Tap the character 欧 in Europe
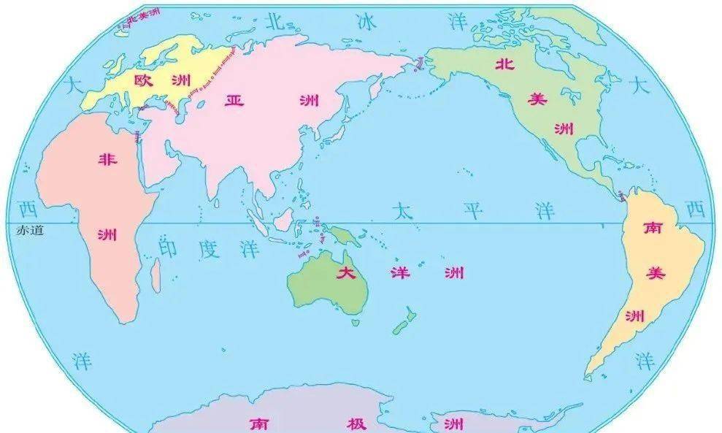(x=143, y=80)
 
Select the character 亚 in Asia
(x=234, y=100)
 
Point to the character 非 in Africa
(x=107, y=160)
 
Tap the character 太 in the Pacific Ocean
(x=402, y=212)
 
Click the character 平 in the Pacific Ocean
(x=473, y=212)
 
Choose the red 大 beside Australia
(x=345, y=274)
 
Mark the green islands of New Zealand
(x=403, y=321)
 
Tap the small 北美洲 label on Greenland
(x=142, y=15)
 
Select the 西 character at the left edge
(x=28, y=210)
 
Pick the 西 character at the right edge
(x=696, y=210)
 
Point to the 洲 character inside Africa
(x=107, y=234)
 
